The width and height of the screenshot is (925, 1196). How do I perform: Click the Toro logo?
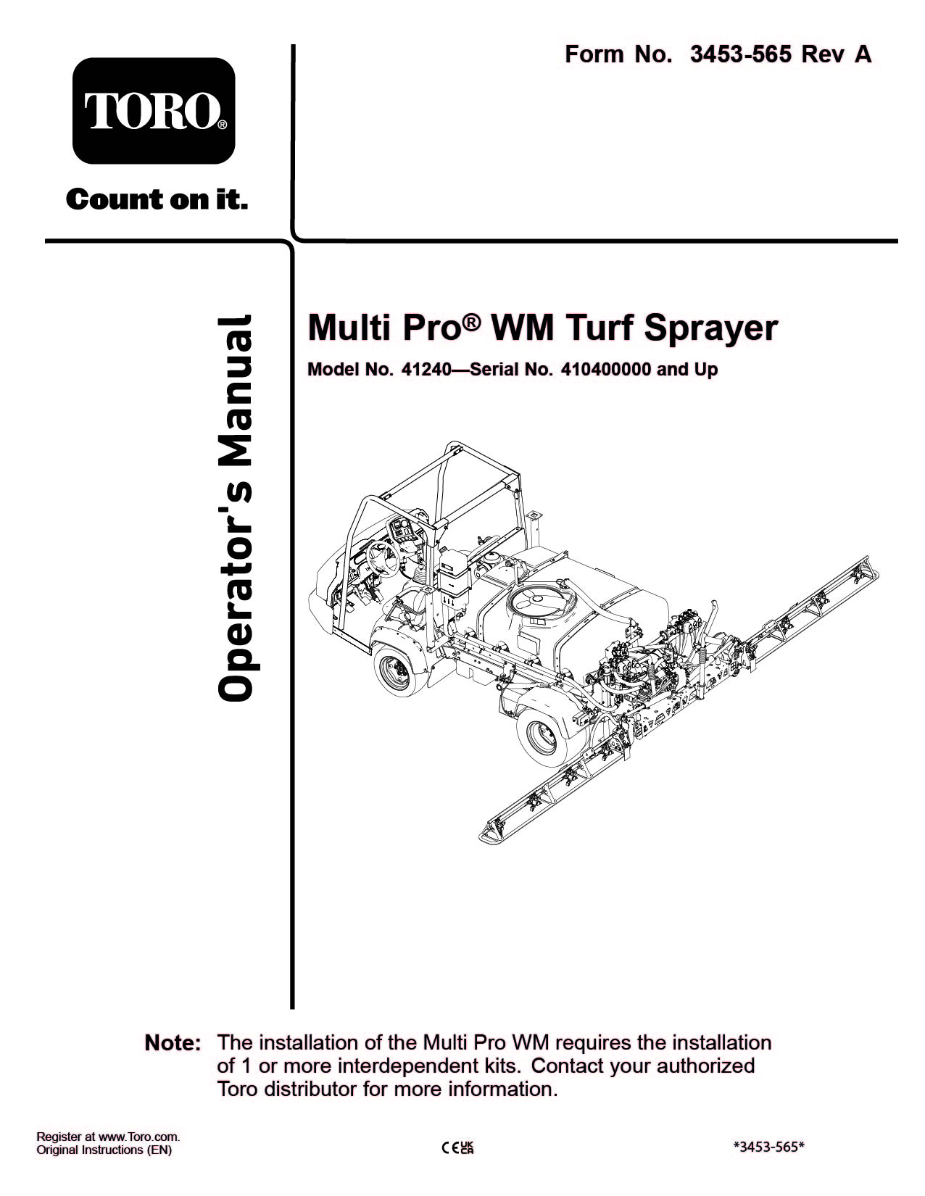point(154,111)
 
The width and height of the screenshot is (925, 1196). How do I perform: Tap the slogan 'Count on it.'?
point(157,199)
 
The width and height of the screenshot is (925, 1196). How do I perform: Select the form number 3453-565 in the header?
point(740,54)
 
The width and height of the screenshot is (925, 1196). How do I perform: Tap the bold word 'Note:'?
point(173,1044)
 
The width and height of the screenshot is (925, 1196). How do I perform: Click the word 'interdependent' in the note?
point(407,1066)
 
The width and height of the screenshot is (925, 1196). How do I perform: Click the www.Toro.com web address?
point(138,1137)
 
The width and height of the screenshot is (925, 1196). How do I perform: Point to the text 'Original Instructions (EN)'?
point(104,1150)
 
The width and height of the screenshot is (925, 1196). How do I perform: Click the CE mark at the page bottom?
point(449,1147)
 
